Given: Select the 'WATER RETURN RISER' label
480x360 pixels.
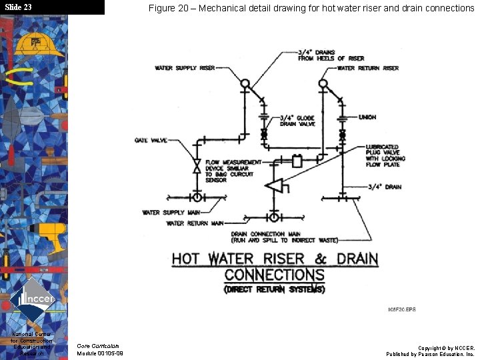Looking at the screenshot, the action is tap(368, 68).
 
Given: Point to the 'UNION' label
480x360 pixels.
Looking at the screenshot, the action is tap(367, 117).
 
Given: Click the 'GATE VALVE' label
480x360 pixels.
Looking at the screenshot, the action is tap(150, 141).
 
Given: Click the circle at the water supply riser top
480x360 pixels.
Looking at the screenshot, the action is tap(245, 84).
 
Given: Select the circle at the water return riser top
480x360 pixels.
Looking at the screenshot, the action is tap(323, 84).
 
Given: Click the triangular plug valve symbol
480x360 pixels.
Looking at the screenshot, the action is tap(275, 186).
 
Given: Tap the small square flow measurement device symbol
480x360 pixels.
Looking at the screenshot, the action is tap(297, 161).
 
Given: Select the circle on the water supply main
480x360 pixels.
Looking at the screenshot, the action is tap(197, 197).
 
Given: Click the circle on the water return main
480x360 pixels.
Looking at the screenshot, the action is tap(274, 217).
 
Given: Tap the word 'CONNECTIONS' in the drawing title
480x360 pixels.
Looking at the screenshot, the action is tap(274, 275).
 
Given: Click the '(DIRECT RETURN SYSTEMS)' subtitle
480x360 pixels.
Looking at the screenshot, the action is tap(275, 289).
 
